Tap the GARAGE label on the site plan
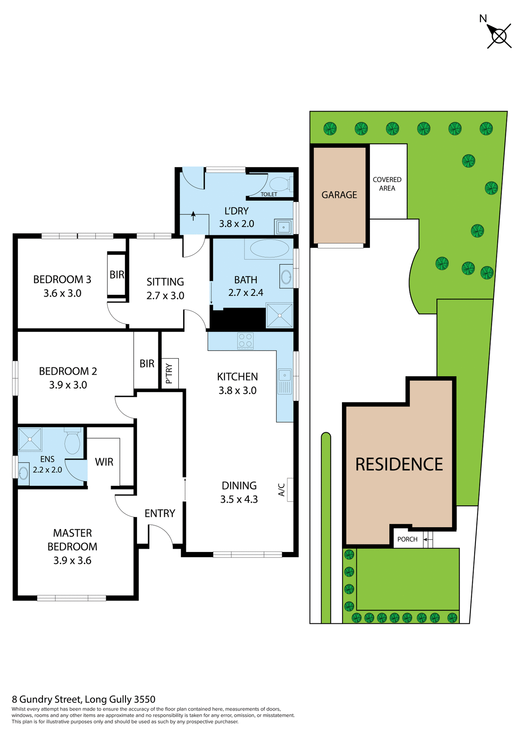click(x=339, y=195)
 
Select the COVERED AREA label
click(x=387, y=184)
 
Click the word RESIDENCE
click(x=399, y=464)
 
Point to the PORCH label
click(x=407, y=539)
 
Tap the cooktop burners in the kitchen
click(x=245, y=340)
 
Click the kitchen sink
click(x=285, y=381)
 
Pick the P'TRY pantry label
click(x=169, y=374)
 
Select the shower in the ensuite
click(x=30, y=439)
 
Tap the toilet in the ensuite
click(x=72, y=442)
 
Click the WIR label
click(x=104, y=462)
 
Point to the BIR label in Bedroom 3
click(x=117, y=274)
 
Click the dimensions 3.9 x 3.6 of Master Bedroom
click(x=72, y=560)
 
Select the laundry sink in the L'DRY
click(x=284, y=227)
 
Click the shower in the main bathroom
click(x=280, y=315)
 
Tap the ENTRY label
click(x=160, y=513)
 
